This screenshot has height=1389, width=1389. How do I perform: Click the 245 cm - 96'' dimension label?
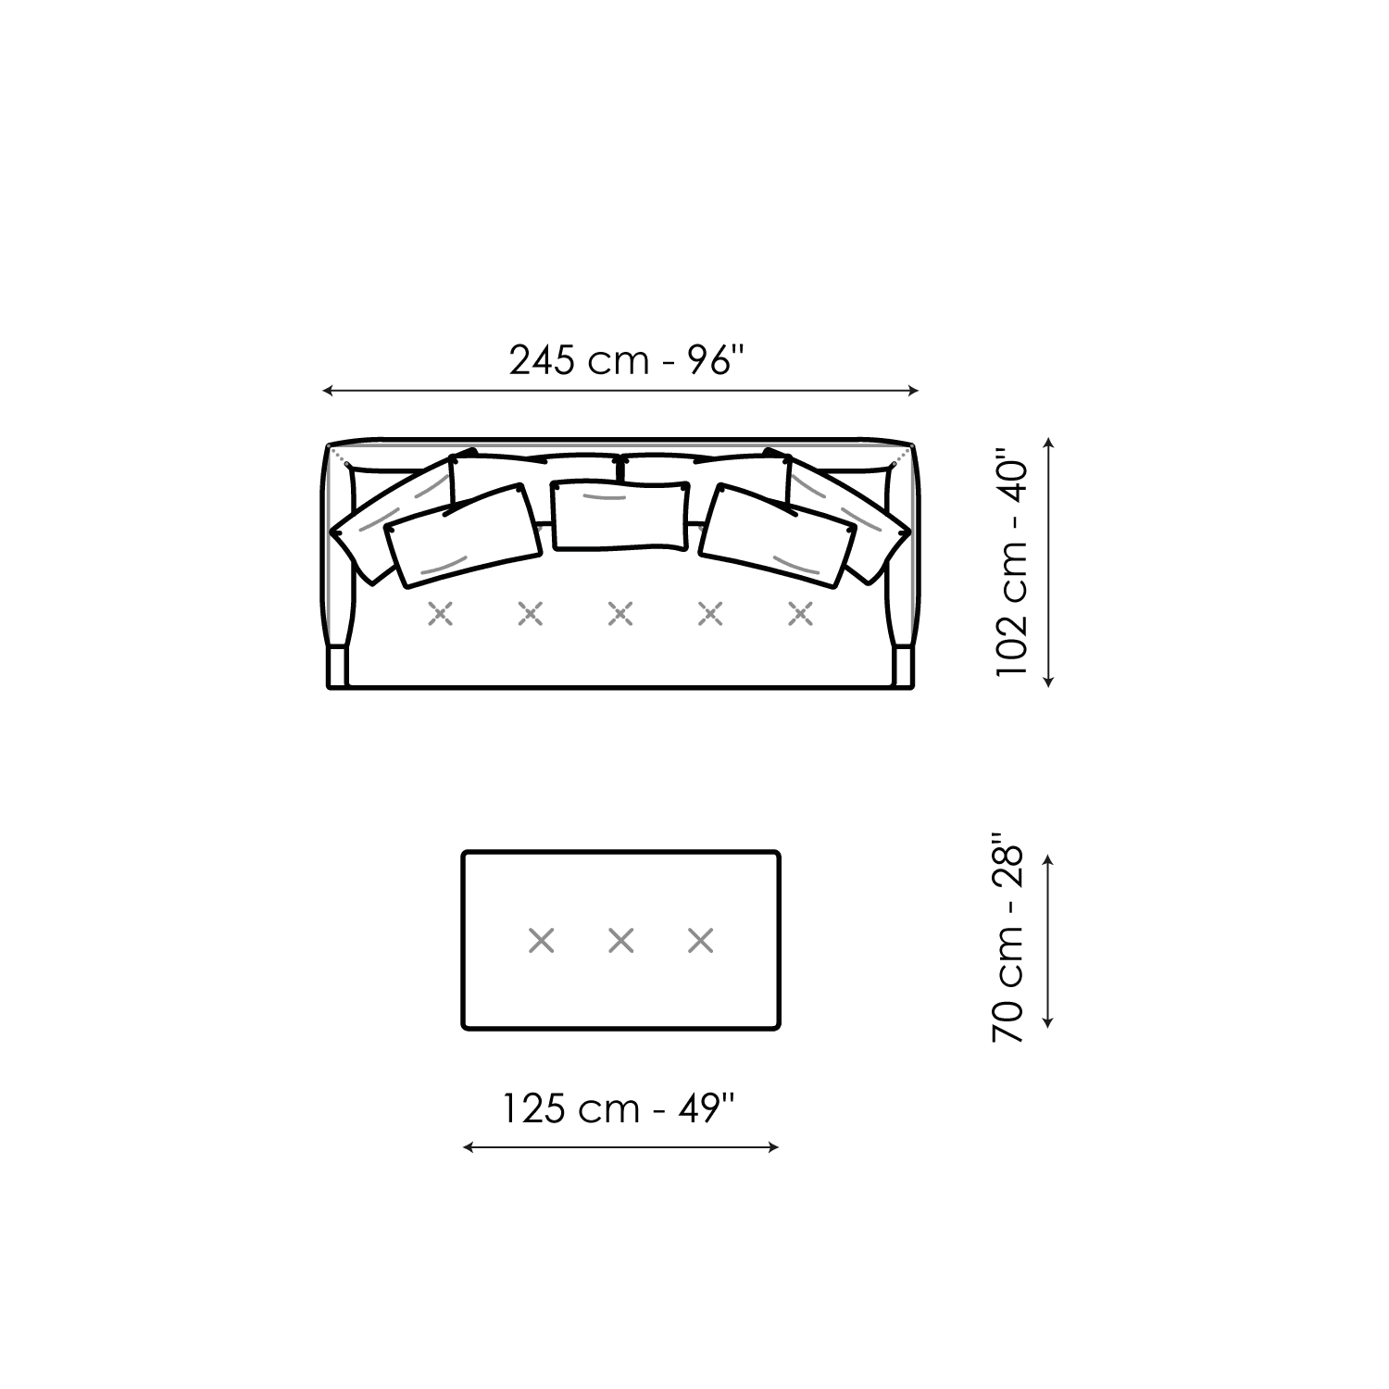click(626, 360)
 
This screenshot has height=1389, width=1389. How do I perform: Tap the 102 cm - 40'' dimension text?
click(1011, 562)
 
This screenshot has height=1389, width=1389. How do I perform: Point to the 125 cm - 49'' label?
click(619, 1107)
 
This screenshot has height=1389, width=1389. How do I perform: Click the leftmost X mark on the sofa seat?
click(441, 613)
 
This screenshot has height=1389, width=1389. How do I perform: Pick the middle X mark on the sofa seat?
click(620, 613)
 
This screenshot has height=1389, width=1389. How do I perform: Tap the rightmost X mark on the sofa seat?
click(800, 613)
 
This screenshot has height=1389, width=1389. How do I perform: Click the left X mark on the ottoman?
click(542, 941)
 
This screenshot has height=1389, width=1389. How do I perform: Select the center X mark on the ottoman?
click(621, 941)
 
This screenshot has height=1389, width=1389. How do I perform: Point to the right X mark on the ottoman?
click(701, 941)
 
